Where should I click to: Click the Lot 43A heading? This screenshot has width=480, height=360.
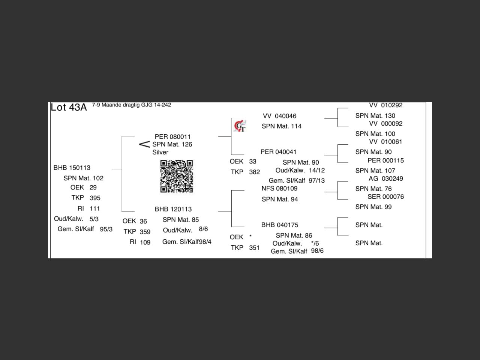coord(69,107)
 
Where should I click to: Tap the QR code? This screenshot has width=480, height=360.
coord(177,176)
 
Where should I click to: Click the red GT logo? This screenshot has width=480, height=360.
coord(240,126)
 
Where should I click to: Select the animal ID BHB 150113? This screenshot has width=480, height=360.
coord(72,168)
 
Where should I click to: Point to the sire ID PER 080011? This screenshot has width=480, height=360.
coord(172,136)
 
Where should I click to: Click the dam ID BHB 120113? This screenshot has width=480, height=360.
coord(173,209)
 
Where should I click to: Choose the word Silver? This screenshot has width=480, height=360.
coord(160,152)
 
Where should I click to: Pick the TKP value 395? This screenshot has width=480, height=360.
coord(95,198)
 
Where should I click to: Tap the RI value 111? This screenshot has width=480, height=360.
coord(95,208)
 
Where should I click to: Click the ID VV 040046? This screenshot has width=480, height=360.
coord(279,116)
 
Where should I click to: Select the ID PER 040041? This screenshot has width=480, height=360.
coord(278,152)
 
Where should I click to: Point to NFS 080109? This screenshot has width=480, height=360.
coord(279,189)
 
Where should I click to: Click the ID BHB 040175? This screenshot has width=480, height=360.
coord(280,225)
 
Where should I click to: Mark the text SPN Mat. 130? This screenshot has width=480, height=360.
coord(375,116)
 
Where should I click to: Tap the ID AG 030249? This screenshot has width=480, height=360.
coord(385,178)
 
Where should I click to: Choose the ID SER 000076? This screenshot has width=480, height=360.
coord(385,196)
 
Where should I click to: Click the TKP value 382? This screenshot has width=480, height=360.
coord(254,172)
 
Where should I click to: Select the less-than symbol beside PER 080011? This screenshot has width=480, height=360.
coord(144,144)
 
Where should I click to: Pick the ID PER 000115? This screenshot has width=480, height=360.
coord(385,160)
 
